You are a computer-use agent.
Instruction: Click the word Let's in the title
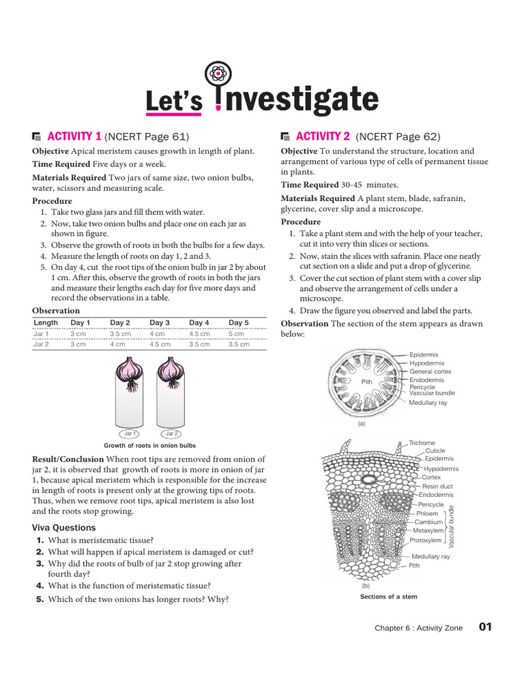click(174, 102)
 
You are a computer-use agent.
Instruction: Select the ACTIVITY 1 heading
click(74, 136)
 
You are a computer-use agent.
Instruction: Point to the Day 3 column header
click(160, 322)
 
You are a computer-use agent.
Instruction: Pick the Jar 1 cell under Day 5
click(236, 334)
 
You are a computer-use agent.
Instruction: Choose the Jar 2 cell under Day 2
click(117, 345)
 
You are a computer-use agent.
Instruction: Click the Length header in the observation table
click(46, 322)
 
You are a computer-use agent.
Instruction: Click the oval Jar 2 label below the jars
click(171, 434)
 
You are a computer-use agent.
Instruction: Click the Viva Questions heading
click(64, 528)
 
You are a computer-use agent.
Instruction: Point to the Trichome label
click(422, 443)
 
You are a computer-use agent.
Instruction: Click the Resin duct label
click(437, 486)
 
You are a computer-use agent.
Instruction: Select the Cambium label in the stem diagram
click(429, 522)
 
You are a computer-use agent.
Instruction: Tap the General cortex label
click(431, 371)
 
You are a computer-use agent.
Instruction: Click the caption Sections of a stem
click(388, 596)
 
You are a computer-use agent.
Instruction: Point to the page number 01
click(485, 627)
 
